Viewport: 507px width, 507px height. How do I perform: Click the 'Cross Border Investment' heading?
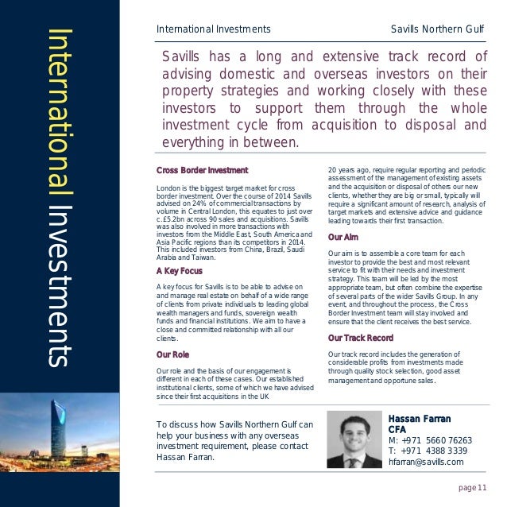[x=202, y=170]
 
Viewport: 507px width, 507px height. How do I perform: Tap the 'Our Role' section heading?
[x=172, y=354]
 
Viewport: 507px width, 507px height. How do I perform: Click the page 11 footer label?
[x=475, y=487]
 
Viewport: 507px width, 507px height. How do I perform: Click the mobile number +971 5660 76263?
[x=430, y=440]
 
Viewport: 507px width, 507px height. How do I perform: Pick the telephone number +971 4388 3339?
[x=428, y=451]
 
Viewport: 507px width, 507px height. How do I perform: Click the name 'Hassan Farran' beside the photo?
[x=419, y=418]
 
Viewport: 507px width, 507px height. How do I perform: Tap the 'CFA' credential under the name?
[x=397, y=429]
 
